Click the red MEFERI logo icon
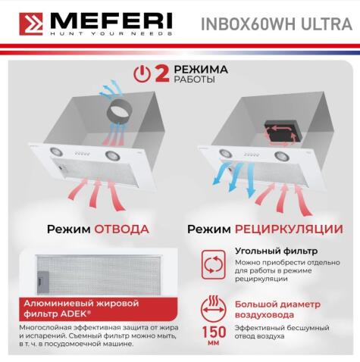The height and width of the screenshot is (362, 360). tap(28, 23)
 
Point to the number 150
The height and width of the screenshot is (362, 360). tap(214, 332)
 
